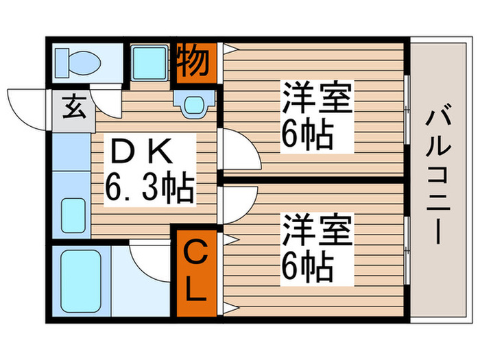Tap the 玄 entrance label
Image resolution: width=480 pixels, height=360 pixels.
72,107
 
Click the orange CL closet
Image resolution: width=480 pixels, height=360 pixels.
195,272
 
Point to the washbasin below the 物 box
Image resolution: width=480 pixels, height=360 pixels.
192,103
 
